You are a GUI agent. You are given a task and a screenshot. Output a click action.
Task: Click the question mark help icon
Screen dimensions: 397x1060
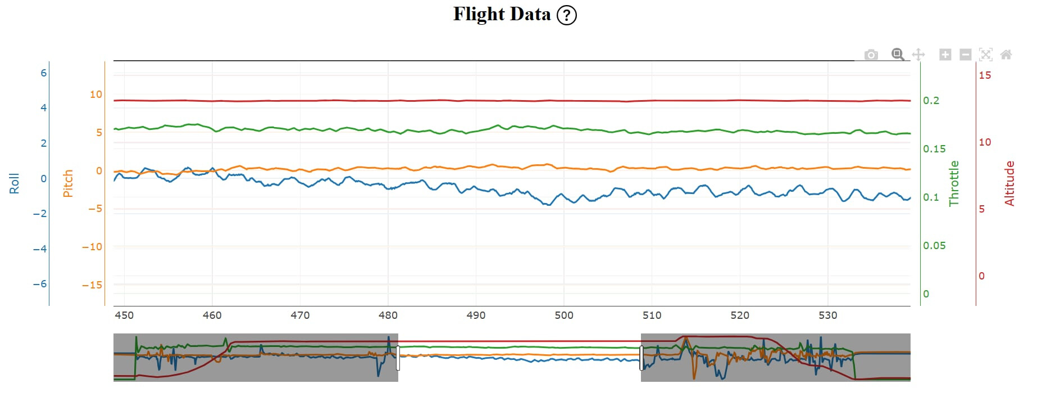[x=566, y=15]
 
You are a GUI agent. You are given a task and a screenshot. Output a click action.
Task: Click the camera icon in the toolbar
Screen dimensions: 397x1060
[x=871, y=55]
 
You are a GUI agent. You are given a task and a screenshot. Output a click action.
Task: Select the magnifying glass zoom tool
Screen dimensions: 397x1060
[x=898, y=55]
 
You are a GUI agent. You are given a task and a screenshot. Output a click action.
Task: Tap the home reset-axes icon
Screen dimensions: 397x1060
[x=1006, y=55]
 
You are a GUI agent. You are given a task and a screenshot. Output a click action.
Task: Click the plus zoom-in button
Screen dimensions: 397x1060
[x=945, y=55]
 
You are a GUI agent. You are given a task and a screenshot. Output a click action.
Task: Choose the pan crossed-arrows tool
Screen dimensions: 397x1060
[x=918, y=55]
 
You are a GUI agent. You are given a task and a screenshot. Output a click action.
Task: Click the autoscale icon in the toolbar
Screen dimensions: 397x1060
[x=985, y=55]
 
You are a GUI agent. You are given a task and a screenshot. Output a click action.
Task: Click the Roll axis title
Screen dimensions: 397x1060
[x=14, y=183]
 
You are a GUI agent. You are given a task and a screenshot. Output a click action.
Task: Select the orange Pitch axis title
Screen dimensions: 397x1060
[x=68, y=183]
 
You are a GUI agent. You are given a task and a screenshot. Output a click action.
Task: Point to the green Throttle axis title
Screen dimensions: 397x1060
[x=954, y=183]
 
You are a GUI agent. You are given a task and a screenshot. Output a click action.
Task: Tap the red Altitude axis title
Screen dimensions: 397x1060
[x=1009, y=183]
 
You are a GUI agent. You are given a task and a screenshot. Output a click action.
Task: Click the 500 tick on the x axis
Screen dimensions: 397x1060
[x=564, y=315]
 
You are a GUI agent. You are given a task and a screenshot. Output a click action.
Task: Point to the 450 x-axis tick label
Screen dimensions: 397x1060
[x=124, y=315]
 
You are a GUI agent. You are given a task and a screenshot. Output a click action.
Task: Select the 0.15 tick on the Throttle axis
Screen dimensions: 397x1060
[x=934, y=149]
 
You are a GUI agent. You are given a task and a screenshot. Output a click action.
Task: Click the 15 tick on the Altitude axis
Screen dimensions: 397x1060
[x=985, y=75]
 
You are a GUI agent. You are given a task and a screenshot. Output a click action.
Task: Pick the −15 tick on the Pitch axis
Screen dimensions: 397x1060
[x=92, y=285]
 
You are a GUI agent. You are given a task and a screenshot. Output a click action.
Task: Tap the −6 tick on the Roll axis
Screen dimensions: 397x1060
[x=39, y=284]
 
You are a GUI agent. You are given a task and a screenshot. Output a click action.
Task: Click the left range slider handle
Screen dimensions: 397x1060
[x=398, y=358]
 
